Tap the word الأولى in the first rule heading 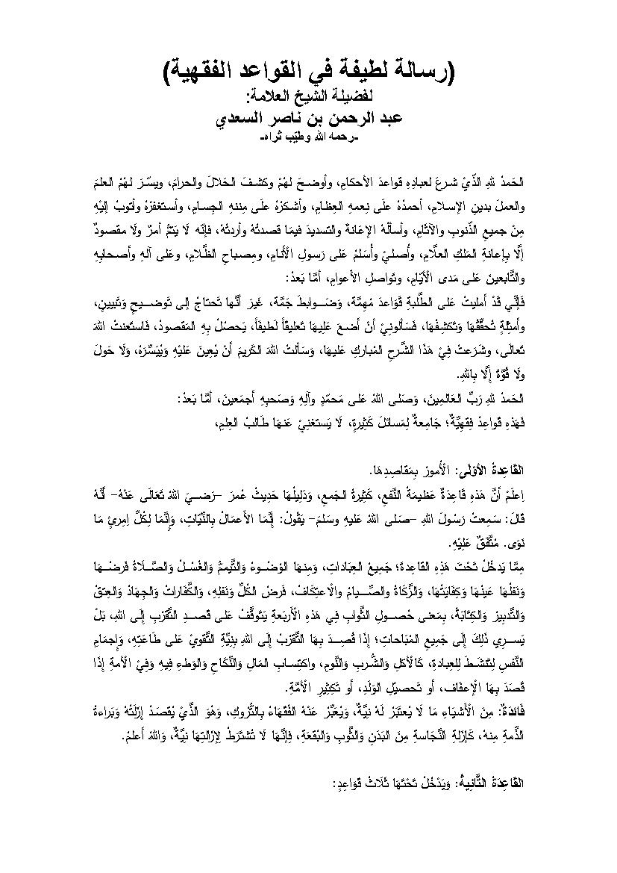coord(457,473)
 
